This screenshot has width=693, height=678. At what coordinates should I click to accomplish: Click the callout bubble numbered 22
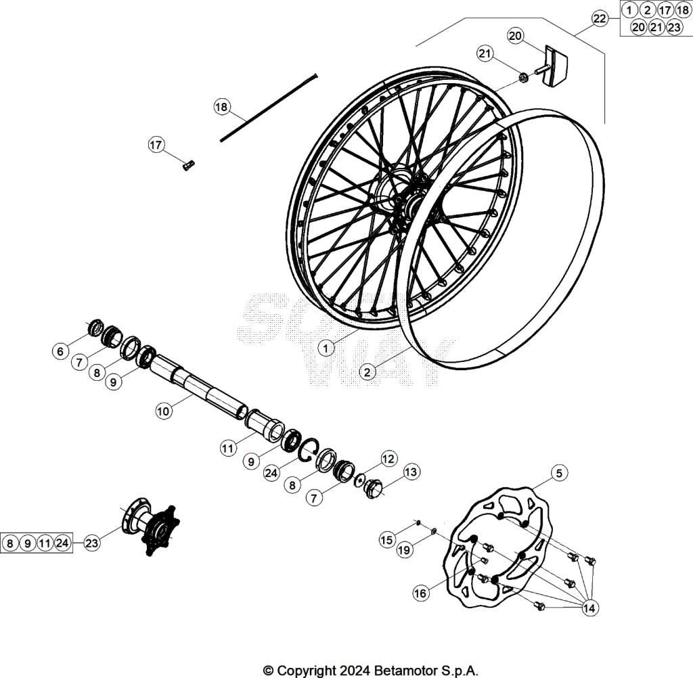[x=600, y=18]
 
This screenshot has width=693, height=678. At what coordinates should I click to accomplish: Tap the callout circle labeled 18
[x=222, y=106]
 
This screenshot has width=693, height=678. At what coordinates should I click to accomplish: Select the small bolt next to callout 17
[x=188, y=164]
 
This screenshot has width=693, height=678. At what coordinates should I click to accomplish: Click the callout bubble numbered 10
[x=163, y=411]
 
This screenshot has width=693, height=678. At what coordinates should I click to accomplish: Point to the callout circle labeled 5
[x=558, y=474]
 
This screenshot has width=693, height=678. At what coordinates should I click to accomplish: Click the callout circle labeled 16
[x=420, y=593]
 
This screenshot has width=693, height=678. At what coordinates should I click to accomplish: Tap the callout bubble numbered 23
[x=92, y=543]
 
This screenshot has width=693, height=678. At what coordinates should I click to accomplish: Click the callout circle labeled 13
[x=411, y=472]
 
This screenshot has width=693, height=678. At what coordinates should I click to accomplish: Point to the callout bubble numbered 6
[x=60, y=351]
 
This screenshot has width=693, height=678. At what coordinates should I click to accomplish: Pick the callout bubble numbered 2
[x=366, y=371]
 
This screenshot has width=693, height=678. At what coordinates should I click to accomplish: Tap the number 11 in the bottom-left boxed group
[x=45, y=543]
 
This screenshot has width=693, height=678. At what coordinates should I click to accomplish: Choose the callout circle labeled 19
[x=404, y=551]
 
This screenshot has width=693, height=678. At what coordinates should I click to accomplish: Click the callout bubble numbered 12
[x=388, y=459]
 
